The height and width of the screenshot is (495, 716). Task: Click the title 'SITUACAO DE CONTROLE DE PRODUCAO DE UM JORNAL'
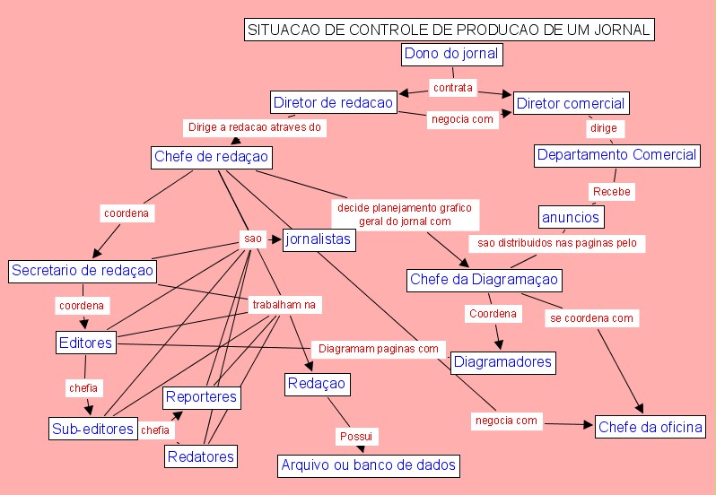pyautogui.click(x=449, y=30)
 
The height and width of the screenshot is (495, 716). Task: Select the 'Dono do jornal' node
pyautogui.click(x=450, y=54)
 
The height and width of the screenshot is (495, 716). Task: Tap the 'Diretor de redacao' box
pyautogui.click(x=333, y=102)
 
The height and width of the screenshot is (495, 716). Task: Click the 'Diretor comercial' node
pyautogui.click(x=571, y=103)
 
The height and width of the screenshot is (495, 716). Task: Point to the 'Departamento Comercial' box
pyautogui.click(x=616, y=154)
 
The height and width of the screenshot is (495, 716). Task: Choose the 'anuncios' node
pyautogui.click(x=571, y=216)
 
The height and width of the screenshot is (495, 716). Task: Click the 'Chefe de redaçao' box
pyautogui.click(x=211, y=157)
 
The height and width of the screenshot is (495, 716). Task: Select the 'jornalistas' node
pyautogui.click(x=319, y=239)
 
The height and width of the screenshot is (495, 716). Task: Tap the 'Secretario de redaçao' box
pyautogui.click(x=83, y=271)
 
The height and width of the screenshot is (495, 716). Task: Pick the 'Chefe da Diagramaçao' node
pyautogui.click(x=484, y=280)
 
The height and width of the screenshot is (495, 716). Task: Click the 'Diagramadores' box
pyautogui.click(x=502, y=362)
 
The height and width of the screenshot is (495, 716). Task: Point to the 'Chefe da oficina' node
pyautogui.click(x=651, y=427)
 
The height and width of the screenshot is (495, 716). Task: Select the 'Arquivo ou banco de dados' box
pyautogui.click(x=369, y=465)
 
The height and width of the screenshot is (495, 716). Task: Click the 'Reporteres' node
pyautogui.click(x=202, y=396)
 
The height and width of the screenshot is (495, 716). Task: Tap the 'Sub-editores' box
pyautogui.click(x=92, y=429)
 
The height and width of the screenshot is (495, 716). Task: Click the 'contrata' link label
pyautogui.click(x=452, y=88)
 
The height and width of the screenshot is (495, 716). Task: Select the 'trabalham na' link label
pyautogui.click(x=284, y=305)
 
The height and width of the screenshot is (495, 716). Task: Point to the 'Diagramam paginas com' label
pyautogui.click(x=378, y=348)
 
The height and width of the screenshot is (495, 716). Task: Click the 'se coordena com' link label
pyautogui.click(x=591, y=317)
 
